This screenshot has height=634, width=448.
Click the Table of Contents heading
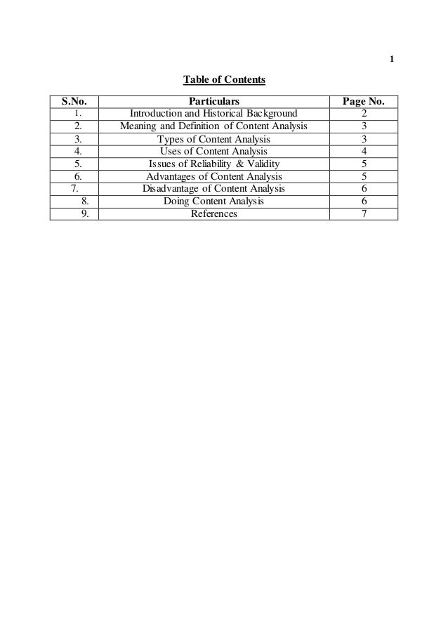pyautogui.click(x=224, y=80)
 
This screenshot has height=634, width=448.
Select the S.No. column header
pyautogui.click(x=74, y=101)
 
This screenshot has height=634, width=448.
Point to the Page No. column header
pyautogui.click(x=362, y=101)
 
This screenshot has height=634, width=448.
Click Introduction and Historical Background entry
pyautogui.click(x=213, y=114)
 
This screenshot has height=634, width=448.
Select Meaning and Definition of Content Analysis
pyautogui.click(x=213, y=126)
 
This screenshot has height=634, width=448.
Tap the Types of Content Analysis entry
pyautogui.click(x=213, y=139)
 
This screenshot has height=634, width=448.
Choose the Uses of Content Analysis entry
pyautogui.click(x=213, y=151)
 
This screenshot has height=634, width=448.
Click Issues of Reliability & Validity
pyautogui.click(x=213, y=164)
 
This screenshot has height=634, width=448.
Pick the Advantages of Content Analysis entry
pyautogui.click(x=213, y=176)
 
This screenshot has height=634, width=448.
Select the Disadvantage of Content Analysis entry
pyautogui.click(x=213, y=189)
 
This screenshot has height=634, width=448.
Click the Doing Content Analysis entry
pyautogui.click(x=213, y=202)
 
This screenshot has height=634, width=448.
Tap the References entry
pyautogui.click(x=213, y=214)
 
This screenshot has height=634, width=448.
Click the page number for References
pyautogui.click(x=362, y=214)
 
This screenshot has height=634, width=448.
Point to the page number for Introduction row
pyautogui.click(x=362, y=114)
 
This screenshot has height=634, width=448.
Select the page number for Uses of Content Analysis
pyautogui.click(x=362, y=151)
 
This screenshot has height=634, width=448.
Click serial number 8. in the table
pyautogui.click(x=84, y=202)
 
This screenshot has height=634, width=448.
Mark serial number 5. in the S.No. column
pyautogui.click(x=79, y=164)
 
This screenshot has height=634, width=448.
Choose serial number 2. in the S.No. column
pyautogui.click(x=79, y=126)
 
